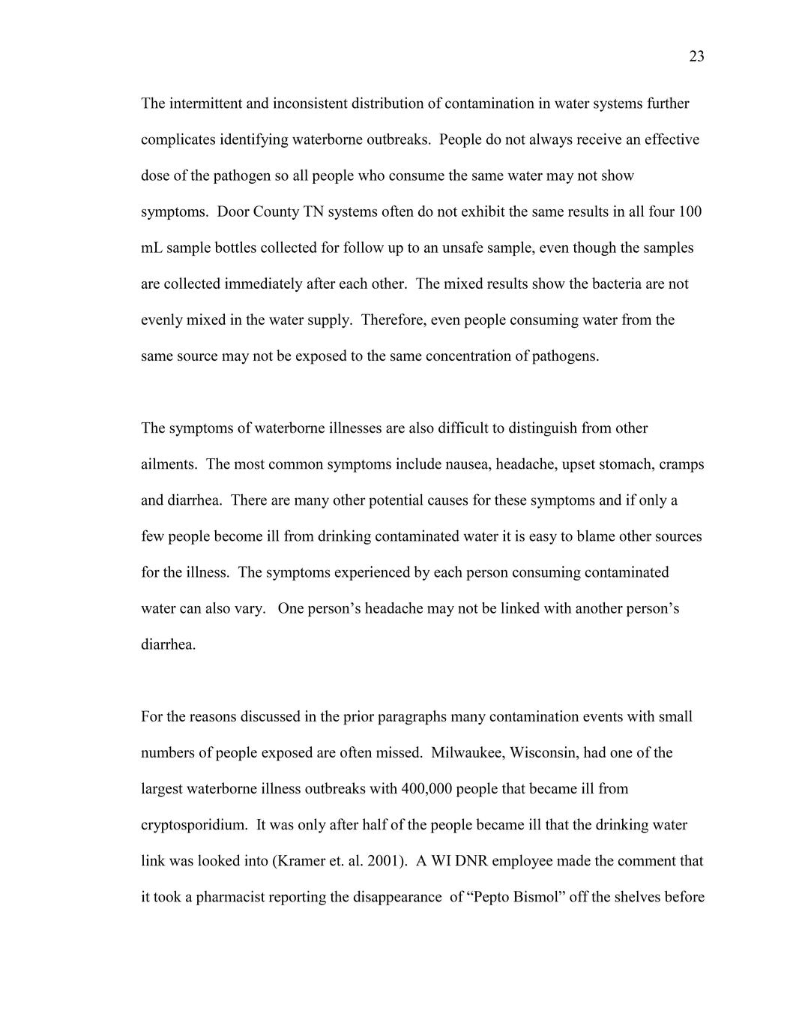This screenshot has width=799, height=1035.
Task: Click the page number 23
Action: tap(696, 57)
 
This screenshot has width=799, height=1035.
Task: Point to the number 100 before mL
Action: tap(690, 211)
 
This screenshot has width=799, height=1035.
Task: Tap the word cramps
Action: tap(681, 464)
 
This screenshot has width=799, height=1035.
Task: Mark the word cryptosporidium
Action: tap(193, 824)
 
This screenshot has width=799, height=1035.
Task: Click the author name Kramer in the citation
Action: tap(302, 860)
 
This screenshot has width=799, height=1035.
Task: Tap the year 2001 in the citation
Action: tap(383, 860)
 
